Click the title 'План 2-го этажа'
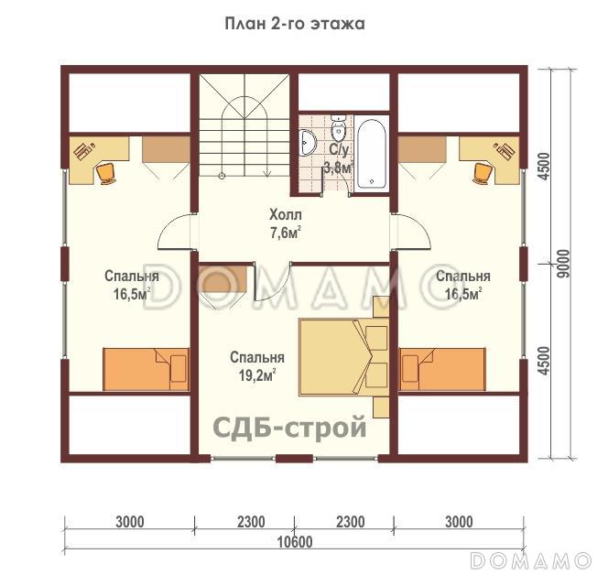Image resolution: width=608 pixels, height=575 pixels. point(295,24)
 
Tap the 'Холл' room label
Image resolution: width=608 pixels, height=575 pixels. point(286,214)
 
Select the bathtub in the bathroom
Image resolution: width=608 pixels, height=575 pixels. point(371,153)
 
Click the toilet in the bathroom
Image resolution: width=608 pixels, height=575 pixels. point(339,129)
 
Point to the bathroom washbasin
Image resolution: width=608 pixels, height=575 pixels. point(308,142)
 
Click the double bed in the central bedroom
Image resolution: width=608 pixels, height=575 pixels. point(343,357)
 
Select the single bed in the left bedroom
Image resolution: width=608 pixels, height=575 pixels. point(146,369)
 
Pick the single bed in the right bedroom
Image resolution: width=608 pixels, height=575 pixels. point(442,369)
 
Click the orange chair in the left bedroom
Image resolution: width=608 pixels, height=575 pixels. point(105,173)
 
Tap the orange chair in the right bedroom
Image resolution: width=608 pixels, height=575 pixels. point(483,173)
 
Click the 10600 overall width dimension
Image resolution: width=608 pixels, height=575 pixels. point(296,542)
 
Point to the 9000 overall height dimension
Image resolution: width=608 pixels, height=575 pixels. point(566,263)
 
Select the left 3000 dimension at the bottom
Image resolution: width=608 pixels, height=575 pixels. point(130,522)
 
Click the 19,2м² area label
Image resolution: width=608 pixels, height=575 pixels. point(257,375)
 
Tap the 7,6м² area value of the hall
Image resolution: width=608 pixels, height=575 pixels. point(286,233)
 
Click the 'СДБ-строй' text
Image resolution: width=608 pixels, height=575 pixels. point(289,429)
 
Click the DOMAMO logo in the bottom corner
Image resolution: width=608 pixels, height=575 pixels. point(532,560)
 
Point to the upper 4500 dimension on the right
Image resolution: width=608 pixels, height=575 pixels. point(545,167)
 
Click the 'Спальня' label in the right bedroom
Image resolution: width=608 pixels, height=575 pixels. point(463,277)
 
